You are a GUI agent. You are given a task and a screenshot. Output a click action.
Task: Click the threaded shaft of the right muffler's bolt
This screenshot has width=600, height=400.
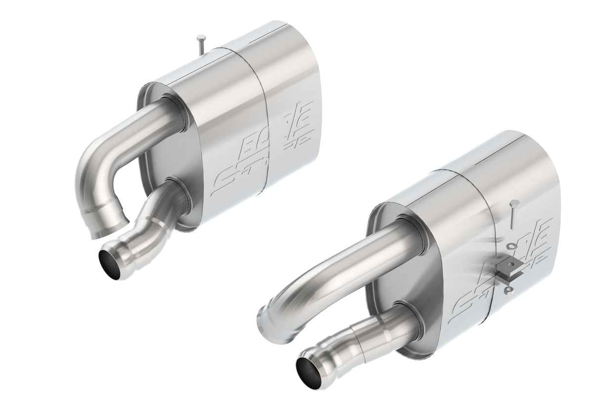(512, 218)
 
